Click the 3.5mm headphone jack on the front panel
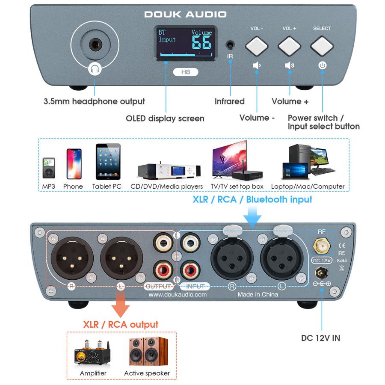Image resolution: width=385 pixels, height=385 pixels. pyautogui.click(x=95, y=44)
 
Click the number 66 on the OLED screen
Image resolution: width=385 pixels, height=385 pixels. pyautogui.click(x=201, y=43)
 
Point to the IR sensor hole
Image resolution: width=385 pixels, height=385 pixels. pyautogui.click(x=231, y=44)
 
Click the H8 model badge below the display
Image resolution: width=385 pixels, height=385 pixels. pyautogui.click(x=185, y=72)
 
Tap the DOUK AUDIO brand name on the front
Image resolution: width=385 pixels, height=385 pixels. pyautogui.click(x=185, y=14)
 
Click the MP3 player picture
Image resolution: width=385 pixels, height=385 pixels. pyautogui.click(x=49, y=169)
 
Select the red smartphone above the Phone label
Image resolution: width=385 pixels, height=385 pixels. pyautogui.click(x=74, y=163)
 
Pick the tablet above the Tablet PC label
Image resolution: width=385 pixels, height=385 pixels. pyautogui.click(x=108, y=162)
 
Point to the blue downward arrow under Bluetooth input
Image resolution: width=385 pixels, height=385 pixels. pyautogui.click(x=252, y=216)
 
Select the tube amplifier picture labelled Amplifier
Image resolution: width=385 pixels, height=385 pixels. pyautogui.click(x=93, y=352)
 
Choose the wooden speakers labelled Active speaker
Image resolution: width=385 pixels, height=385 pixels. pyautogui.click(x=146, y=351)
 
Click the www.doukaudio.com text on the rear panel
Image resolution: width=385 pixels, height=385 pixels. pyautogui.click(x=178, y=294)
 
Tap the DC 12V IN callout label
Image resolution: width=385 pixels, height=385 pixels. pyautogui.click(x=320, y=338)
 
